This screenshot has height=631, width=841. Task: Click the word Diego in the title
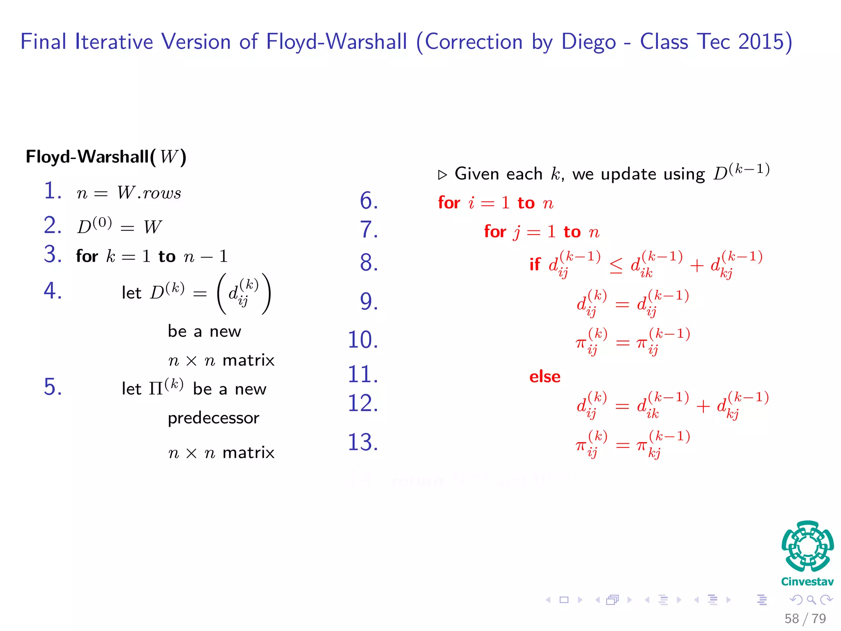[x=588, y=42]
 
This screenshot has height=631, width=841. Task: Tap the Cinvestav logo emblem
[x=807, y=546]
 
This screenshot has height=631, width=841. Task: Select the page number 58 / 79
[x=805, y=618]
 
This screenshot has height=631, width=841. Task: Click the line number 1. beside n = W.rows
[x=53, y=191]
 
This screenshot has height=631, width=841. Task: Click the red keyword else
[x=545, y=377]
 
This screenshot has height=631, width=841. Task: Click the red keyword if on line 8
[x=535, y=265]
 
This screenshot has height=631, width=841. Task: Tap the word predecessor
[x=214, y=418]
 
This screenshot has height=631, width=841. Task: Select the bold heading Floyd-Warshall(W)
[x=106, y=157]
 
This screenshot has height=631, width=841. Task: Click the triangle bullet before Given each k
[x=442, y=175]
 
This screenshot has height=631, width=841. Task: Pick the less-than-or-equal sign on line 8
[x=616, y=266]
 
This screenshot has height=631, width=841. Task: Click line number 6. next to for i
[x=368, y=201]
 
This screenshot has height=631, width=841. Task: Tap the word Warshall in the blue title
[x=364, y=42]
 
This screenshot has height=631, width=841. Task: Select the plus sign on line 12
[x=703, y=407]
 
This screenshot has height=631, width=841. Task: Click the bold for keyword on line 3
[x=87, y=256]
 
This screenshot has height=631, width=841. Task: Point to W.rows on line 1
[x=149, y=193]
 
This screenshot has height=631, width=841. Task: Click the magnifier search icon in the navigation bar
[x=811, y=600]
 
